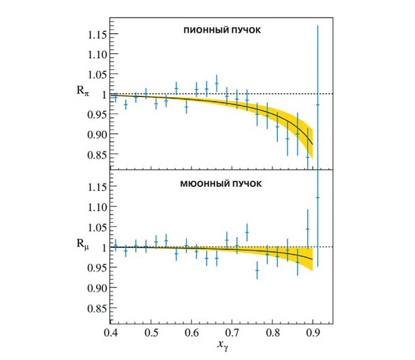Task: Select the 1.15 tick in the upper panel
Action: click(95, 34)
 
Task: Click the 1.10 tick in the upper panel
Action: click(95, 54)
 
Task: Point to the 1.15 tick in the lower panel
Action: click(95, 187)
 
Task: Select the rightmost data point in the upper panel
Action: click(317, 105)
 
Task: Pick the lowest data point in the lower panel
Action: click(257, 272)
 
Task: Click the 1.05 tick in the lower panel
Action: click(95, 227)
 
